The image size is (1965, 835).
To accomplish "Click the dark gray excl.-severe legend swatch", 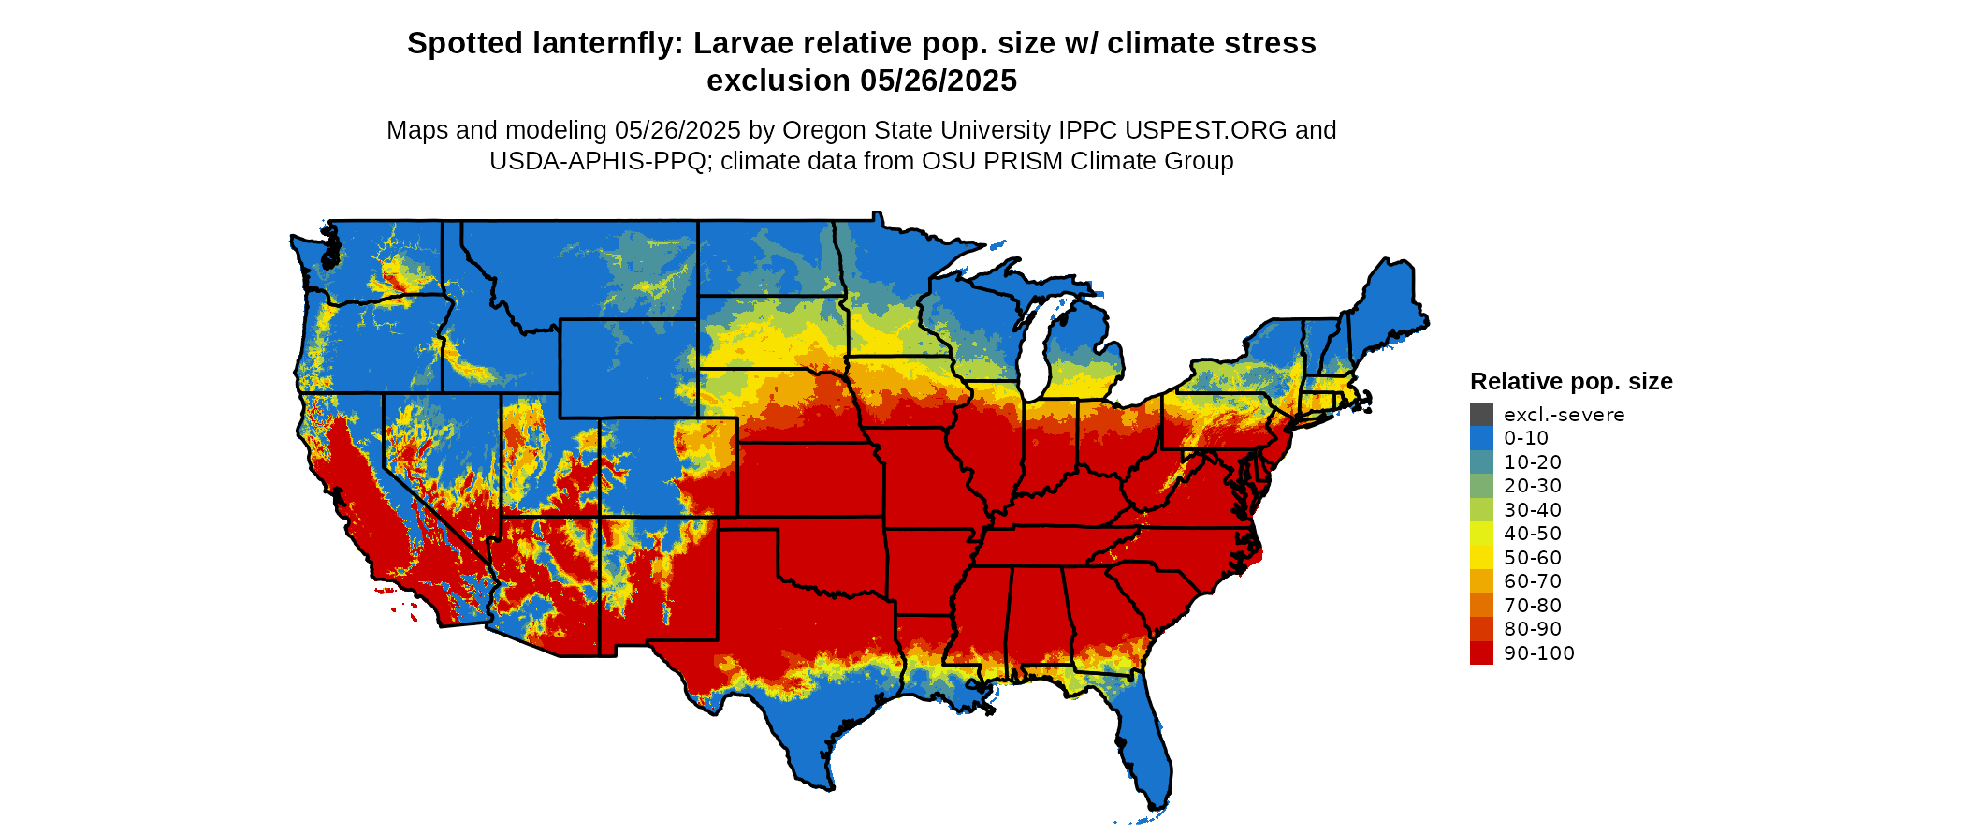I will click(x=1481, y=415).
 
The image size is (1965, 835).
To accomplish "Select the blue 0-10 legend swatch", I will click(x=1481, y=438).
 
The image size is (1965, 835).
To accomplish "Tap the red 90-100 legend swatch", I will click(x=1481, y=653).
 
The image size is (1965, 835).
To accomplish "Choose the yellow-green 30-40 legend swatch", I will click(x=1481, y=510).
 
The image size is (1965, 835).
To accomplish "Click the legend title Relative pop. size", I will click(x=1571, y=381).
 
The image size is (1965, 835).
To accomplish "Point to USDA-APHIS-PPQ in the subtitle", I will click(x=597, y=161).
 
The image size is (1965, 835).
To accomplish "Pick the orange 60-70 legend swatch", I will click(x=1481, y=581).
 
